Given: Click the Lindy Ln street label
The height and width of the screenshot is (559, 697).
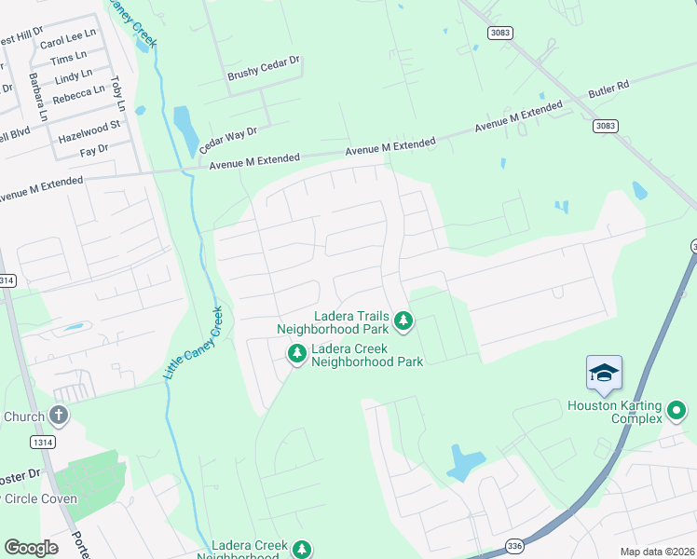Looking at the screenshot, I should [74, 75].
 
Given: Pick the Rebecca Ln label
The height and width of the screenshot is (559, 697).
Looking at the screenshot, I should [78, 94].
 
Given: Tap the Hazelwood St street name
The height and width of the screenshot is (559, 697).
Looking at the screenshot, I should [89, 130].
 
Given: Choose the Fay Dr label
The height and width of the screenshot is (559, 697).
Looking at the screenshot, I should [94, 149].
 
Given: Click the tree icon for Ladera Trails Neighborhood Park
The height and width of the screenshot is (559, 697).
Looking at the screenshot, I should [403, 321].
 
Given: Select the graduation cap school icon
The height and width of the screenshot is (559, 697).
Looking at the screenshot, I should [604, 373].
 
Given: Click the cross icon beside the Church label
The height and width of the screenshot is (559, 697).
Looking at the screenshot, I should [58, 416].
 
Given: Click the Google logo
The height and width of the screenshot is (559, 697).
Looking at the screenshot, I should [31, 548].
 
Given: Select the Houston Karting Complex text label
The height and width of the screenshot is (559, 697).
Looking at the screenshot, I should [616, 413].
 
